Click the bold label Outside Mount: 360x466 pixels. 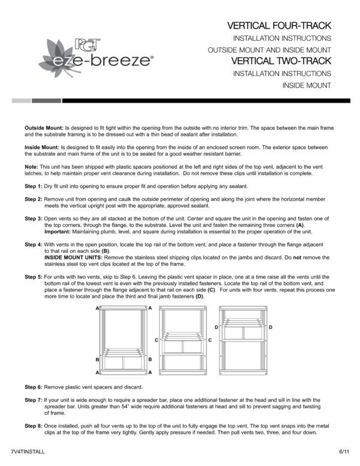tap(44, 128)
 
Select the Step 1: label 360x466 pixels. tap(33, 187)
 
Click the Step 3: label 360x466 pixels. tap(33, 220)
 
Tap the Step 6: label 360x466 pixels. tap(33, 386)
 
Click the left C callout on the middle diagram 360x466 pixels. tap(157, 340)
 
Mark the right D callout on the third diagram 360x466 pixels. tap(271, 327)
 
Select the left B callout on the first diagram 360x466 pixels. tap(97, 359)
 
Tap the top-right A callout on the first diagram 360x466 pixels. tap(150, 307)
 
